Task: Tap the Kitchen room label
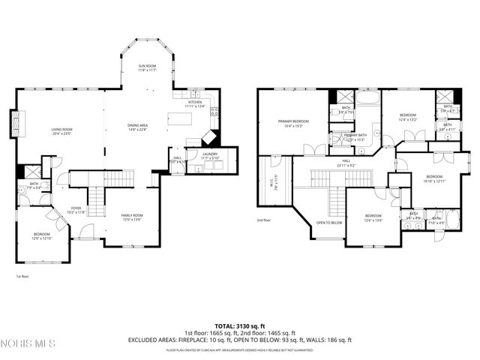pos(194,103)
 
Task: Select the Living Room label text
pos(61,131)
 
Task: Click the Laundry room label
pos(210,155)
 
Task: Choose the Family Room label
pos(132,217)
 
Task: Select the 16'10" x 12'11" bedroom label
pos(434,178)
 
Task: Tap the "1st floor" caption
pos(22,276)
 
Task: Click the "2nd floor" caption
pos(263,220)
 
